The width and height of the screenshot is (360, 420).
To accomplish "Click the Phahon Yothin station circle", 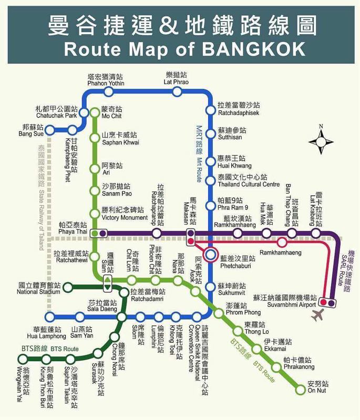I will point(108,92).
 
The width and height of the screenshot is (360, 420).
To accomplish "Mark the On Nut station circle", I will point(301,389).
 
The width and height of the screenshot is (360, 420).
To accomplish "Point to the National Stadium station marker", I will point(67,287).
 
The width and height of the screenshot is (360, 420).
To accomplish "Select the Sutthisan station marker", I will point(211,133).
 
